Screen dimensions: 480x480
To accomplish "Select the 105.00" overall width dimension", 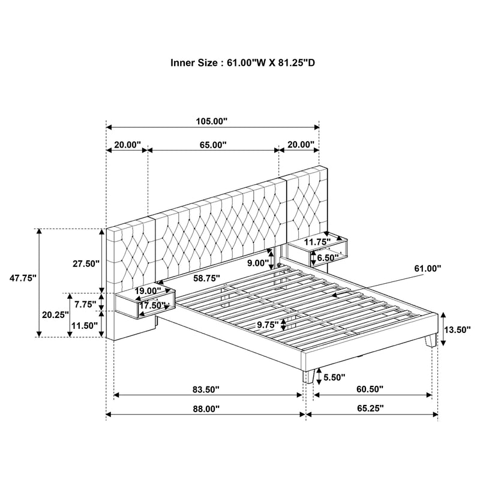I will click(x=212, y=121).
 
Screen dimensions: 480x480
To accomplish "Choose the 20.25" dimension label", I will click(x=55, y=314).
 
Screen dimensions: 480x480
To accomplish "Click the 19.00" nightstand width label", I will click(x=148, y=291).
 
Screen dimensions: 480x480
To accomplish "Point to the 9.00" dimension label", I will click(x=258, y=262).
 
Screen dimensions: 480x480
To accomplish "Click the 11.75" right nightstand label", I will click(x=318, y=242).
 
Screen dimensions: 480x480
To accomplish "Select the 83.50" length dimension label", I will click(x=206, y=389).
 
